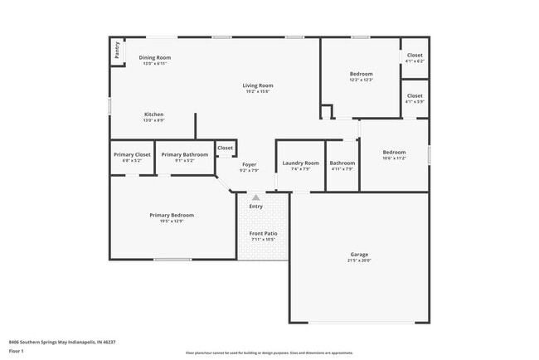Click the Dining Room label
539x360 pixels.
coord(154,57)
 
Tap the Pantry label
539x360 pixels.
coord(117,51)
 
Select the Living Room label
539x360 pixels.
coord(257,85)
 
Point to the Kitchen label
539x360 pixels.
coord(153,114)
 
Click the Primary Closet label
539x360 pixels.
coord(132,154)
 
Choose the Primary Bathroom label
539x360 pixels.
coord(184,154)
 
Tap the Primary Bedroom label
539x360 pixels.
coord(171,215)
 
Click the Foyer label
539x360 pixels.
coord(250,164)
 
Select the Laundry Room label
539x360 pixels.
coord(299,163)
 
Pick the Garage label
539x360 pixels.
coord(359,254)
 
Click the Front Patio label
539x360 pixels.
coord(263,233)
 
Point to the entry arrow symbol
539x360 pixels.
coord(256,198)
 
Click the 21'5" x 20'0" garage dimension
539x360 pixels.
coord(359,260)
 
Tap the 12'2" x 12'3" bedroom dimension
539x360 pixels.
coord(361,80)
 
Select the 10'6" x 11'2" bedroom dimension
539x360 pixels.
coord(394,158)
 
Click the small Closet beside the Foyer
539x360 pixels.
coord(225,148)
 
